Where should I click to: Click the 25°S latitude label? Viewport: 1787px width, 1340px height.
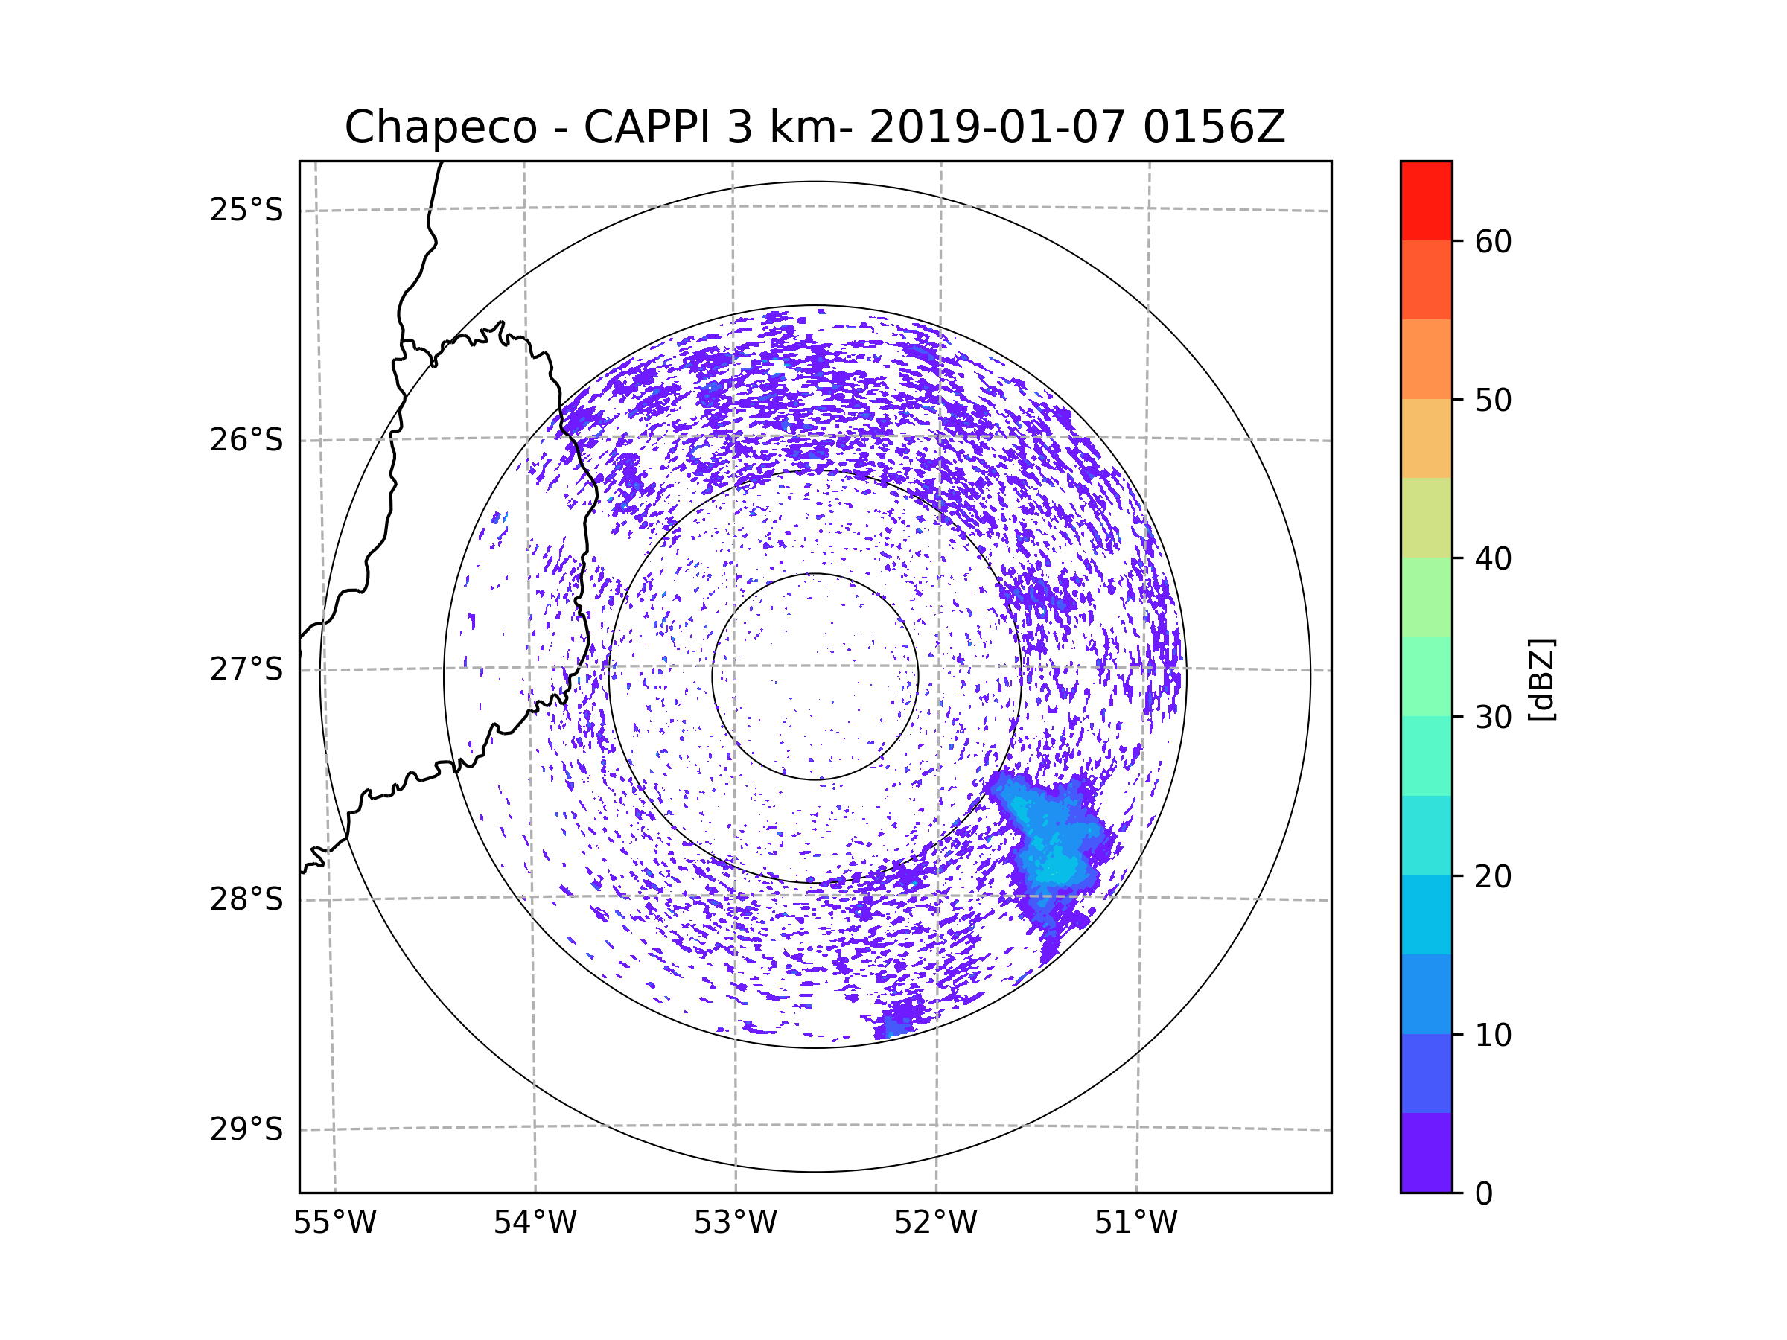(246, 210)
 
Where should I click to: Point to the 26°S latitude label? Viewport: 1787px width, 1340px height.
(246, 440)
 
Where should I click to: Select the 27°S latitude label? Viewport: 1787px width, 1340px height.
(246, 669)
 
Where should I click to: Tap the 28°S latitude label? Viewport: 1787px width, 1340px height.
(246, 899)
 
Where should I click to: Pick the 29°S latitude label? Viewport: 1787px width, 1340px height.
(246, 1129)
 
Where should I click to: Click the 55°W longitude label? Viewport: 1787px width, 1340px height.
(334, 1223)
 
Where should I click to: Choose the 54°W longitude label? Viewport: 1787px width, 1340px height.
(535, 1223)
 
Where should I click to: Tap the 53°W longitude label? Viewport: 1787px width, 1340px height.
(735, 1223)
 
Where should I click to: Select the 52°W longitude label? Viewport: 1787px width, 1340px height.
(935, 1223)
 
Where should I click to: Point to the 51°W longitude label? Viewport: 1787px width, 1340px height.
(1135, 1223)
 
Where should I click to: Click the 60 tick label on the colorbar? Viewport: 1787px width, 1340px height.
(1493, 241)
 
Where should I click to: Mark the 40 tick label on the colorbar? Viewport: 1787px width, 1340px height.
(1493, 559)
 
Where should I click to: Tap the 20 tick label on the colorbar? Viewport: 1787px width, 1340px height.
(1493, 876)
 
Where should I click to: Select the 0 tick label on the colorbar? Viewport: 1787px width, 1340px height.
(1484, 1194)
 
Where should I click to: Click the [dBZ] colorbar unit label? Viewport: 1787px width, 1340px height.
(1541, 679)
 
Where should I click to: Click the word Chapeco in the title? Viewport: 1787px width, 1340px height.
(440, 127)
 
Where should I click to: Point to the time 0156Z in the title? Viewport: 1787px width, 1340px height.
(1214, 127)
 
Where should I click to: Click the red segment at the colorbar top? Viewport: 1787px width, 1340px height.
(1426, 200)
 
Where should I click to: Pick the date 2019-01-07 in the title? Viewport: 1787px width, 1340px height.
(997, 127)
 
